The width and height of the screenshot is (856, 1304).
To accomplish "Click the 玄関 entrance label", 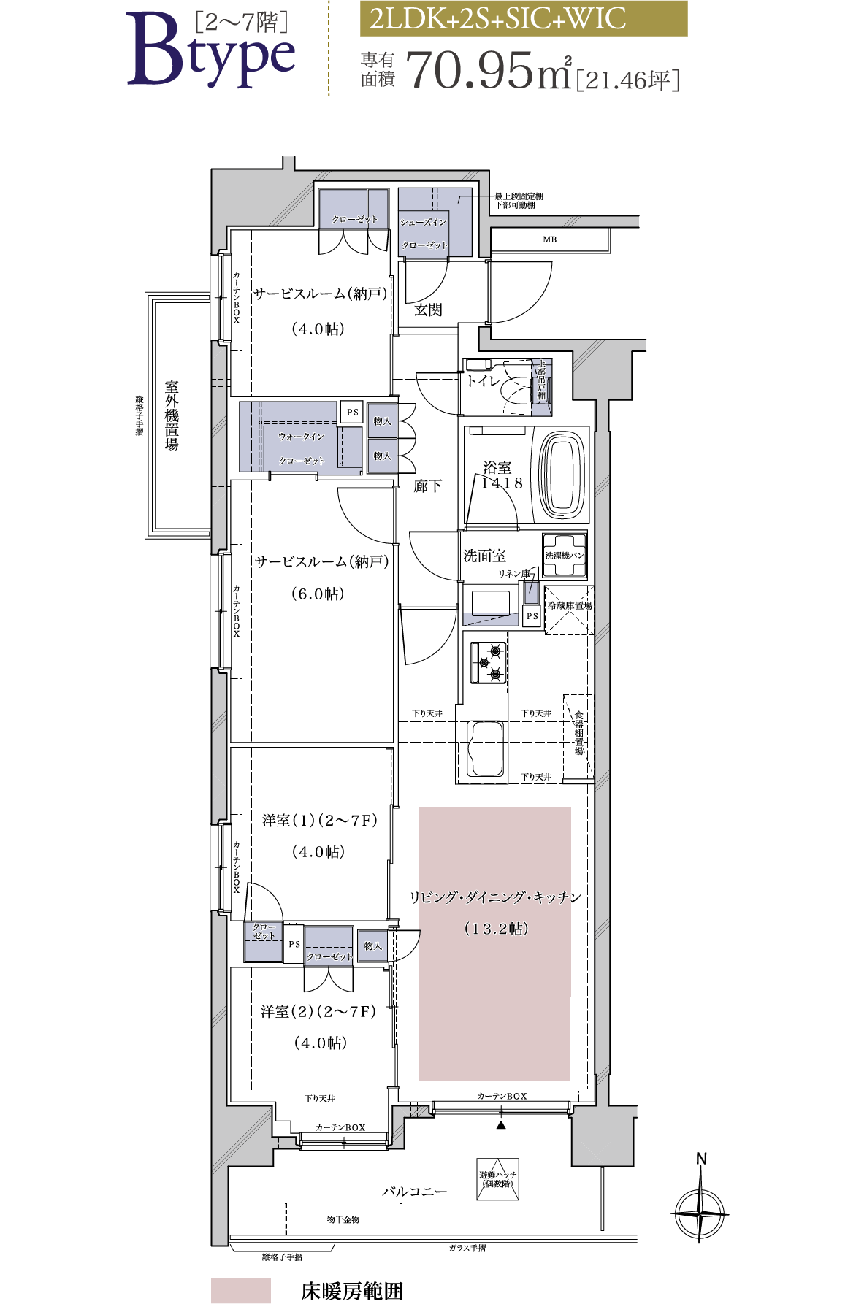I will (x=428, y=310).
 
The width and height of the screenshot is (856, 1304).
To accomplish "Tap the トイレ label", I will (x=484, y=381).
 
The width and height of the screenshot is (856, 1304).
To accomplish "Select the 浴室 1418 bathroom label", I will (x=500, y=475).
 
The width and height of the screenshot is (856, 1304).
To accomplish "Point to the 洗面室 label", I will (x=484, y=556).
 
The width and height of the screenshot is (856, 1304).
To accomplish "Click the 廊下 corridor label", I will (x=427, y=486).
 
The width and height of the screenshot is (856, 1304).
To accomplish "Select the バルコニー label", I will (x=414, y=1192).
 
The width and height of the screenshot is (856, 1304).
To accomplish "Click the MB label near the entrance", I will (x=549, y=239).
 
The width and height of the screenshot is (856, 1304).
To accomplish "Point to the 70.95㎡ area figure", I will (x=488, y=71).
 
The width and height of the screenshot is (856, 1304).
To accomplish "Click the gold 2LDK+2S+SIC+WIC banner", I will (x=523, y=19).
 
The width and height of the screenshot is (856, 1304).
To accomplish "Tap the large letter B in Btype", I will (x=156, y=51).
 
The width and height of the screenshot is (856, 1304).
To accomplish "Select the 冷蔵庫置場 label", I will (x=570, y=605).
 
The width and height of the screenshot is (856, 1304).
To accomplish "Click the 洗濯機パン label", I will (x=565, y=556).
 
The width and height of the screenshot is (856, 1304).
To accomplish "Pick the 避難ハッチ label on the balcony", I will (x=497, y=1179).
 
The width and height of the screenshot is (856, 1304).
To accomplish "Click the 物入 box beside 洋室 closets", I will (x=372, y=946).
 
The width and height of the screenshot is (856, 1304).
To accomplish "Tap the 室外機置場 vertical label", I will (x=172, y=415).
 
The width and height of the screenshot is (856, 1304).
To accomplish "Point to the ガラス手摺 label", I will (x=467, y=1249).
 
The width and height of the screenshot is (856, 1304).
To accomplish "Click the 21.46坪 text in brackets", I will (x=628, y=80).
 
